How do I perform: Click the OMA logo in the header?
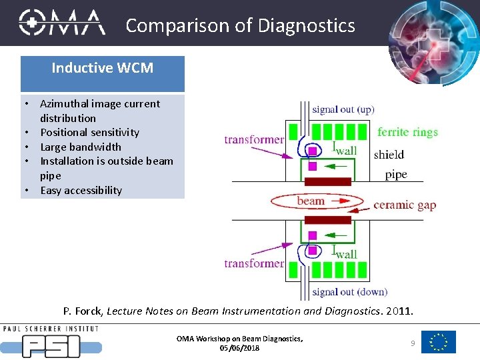pos(61,23)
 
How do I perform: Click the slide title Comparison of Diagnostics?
pos(240,25)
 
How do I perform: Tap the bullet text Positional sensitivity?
pos(89,132)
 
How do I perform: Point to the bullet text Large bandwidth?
pos(81,147)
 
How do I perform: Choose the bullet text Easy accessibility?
pos(81,190)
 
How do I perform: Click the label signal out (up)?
pos(343,109)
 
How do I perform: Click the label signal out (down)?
pos(349,291)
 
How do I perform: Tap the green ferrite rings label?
pos(407,132)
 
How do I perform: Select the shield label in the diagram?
pos(389,154)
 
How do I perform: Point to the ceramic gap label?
pos(405,205)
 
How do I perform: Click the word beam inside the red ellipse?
pos(311,201)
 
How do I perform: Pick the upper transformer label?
pos(254,139)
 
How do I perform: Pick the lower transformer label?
pos(254,263)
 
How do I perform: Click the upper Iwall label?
pos(344,149)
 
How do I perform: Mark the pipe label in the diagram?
pos(395,175)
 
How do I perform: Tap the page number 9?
pos(413,343)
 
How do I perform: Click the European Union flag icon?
pos(439,342)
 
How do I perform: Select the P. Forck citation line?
pos(238,311)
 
